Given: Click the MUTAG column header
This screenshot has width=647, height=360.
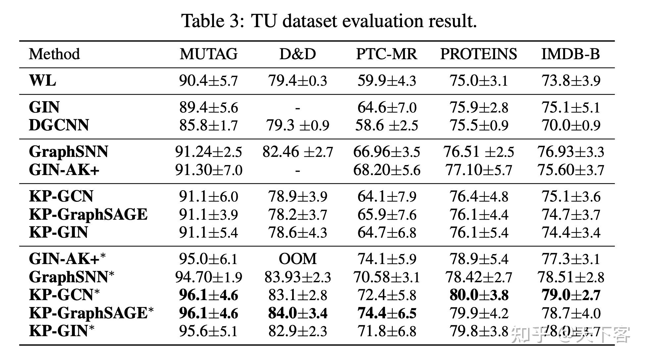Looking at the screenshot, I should pyautogui.click(x=209, y=54).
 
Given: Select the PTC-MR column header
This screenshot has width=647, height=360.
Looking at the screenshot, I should pyautogui.click(x=386, y=54).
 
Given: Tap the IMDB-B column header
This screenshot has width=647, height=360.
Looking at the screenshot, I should pyautogui.click(x=571, y=54).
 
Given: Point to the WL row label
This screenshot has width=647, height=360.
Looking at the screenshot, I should pyautogui.click(x=42, y=80).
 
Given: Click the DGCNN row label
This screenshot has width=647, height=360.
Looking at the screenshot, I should pyautogui.click(x=59, y=125).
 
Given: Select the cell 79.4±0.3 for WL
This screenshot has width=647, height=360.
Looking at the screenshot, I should pyautogui.click(x=297, y=81).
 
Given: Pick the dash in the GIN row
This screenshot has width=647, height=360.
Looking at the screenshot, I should pyautogui.click(x=297, y=108).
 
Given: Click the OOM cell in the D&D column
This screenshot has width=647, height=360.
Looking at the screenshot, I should pyautogui.click(x=297, y=259).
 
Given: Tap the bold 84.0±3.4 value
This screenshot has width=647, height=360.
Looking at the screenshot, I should pyautogui.click(x=297, y=313).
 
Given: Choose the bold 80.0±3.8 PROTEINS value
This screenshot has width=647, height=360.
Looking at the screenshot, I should pyautogui.click(x=479, y=295).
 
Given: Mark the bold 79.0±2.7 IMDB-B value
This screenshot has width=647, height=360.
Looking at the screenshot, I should pyautogui.click(x=571, y=295).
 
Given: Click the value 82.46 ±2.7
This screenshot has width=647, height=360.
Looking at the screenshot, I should pyautogui.click(x=297, y=152).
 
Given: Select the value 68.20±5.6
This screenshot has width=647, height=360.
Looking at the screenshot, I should pyautogui.click(x=386, y=170).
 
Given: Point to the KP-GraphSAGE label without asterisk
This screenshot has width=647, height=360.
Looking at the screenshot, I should pyautogui.click(x=88, y=214).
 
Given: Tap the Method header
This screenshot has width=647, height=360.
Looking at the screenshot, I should pyautogui.click(x=54, y=54).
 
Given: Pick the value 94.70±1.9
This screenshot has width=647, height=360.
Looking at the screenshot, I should pyautogui.click(x=209, y=277).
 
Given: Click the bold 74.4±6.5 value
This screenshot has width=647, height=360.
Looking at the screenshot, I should pyautogui.click(x=386, y=313).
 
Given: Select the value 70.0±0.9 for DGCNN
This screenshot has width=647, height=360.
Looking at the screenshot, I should pyautogui.click(x=571, y=125).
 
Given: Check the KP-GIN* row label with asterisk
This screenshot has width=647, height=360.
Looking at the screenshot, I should pyautogui.click(x=62, y=331).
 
